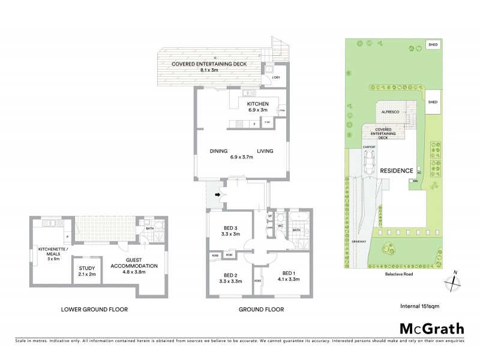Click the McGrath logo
(x=432, y=328)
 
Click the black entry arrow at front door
(x=217, y=194)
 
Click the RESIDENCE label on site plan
(x=397, y=170)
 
